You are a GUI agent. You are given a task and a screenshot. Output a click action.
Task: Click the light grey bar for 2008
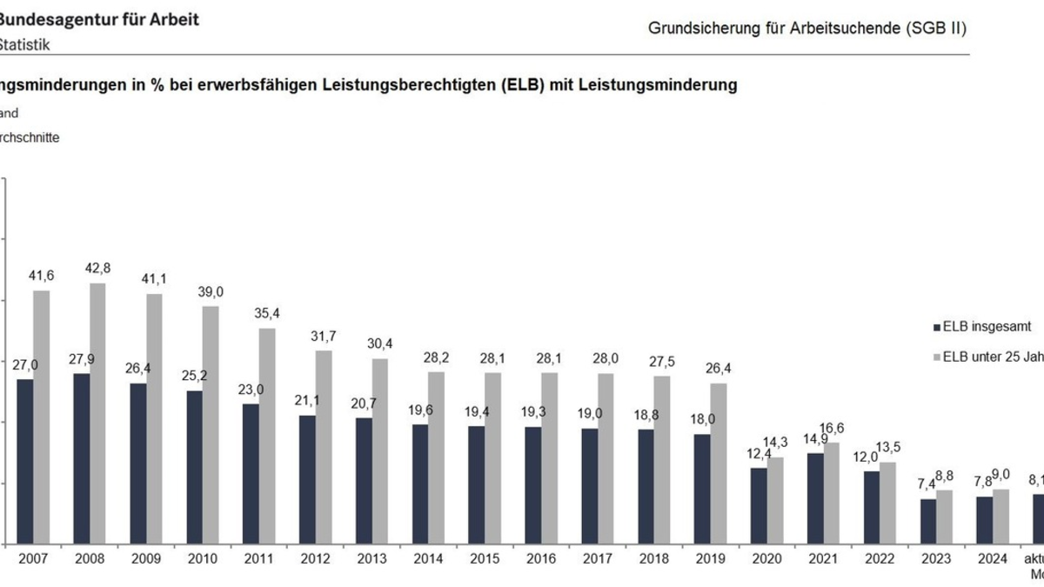click(98, 414)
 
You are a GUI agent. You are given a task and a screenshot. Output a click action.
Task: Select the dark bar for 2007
click(25, 462)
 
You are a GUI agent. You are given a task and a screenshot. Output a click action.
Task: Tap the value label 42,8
click(98, 269)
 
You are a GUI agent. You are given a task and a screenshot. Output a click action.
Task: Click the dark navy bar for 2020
click(759, 506)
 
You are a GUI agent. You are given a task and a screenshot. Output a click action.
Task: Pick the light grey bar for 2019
click(719, 464)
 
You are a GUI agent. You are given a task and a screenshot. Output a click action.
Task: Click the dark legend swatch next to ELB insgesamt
click(936, 328)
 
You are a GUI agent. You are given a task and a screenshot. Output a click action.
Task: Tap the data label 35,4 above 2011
click(267, 314)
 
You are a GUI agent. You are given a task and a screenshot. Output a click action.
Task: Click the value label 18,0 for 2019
click(702, 419)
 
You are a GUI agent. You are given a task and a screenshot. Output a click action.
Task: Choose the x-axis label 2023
click(935, 559)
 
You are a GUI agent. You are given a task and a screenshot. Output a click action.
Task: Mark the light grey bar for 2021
click(832, 493)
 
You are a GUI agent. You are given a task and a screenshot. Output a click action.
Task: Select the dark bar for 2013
click(363, 481)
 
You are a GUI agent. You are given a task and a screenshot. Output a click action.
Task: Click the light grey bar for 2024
click(1000, 517)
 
